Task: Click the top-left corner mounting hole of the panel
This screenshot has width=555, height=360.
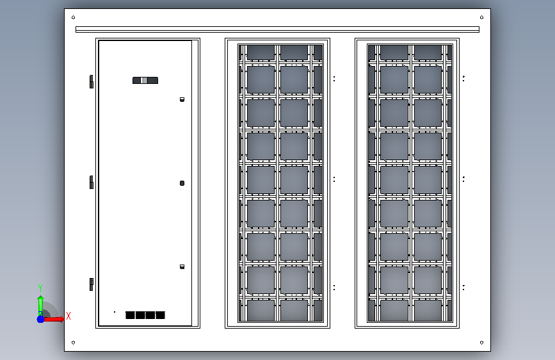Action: (x=74, y=17)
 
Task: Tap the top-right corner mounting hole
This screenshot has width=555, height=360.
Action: (x=481, y=17)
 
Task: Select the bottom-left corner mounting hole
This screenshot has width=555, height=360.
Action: (x=74, y=343)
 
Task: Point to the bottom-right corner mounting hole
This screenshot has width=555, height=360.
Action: (x=481, y=343)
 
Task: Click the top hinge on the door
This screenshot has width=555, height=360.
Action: (x=92, y=81)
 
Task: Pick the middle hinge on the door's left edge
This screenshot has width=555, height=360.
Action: (x=92, y=182)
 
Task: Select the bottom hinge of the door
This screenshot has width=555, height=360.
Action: (x=92, y=284)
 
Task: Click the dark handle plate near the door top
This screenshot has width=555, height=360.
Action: (x=145, y=80)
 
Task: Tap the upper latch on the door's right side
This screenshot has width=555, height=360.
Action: (x=182, y=99)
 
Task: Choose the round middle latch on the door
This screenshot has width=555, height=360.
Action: (x=182, y=183)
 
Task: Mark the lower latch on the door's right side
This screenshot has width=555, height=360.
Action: (x=182, y=266)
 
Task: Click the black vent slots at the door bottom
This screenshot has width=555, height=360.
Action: (x=145, y=315)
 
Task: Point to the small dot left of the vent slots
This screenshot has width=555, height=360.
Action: (x=115, y=312)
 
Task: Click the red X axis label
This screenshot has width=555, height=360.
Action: (x=68, y=316)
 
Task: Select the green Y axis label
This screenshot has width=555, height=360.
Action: (x=40, y=288)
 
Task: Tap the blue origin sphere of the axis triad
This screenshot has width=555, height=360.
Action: (x=40, y=318)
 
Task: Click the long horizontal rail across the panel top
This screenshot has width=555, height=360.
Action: (x=277, y=29)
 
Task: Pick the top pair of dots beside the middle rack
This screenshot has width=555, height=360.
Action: (x=334, y=79)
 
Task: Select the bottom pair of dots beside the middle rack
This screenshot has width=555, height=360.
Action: (x=334, y=287)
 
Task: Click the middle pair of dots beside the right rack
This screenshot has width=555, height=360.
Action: (x=464, y=179)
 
